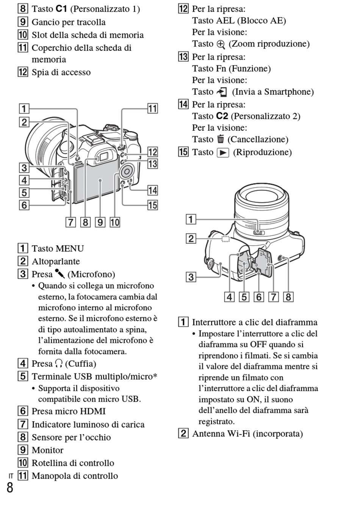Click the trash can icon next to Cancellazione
(x=221, y=139)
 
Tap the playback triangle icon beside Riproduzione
(x=223, y=153)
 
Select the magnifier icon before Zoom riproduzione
(x=221, y=44)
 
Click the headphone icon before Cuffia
(x=59, y=364)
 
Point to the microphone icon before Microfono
(x=59, y=274)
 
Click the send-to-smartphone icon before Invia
(x=222, y=92)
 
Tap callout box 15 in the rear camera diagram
(x=153, y=205)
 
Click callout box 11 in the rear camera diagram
(x=153, y=108)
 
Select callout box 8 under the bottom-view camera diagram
(x=288, y=297)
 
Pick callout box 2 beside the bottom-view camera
(x=191, y=238)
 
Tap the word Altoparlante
(x=56, y=261)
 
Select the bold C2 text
(x=222, y=116)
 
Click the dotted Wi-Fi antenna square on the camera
(x=225, y=239)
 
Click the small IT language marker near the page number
(x=11, y=476)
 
